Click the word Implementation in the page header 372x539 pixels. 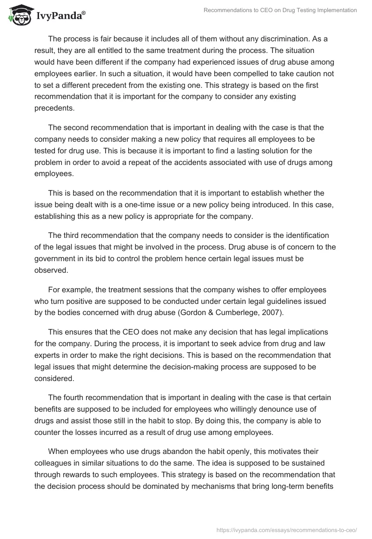coord(335,11)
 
